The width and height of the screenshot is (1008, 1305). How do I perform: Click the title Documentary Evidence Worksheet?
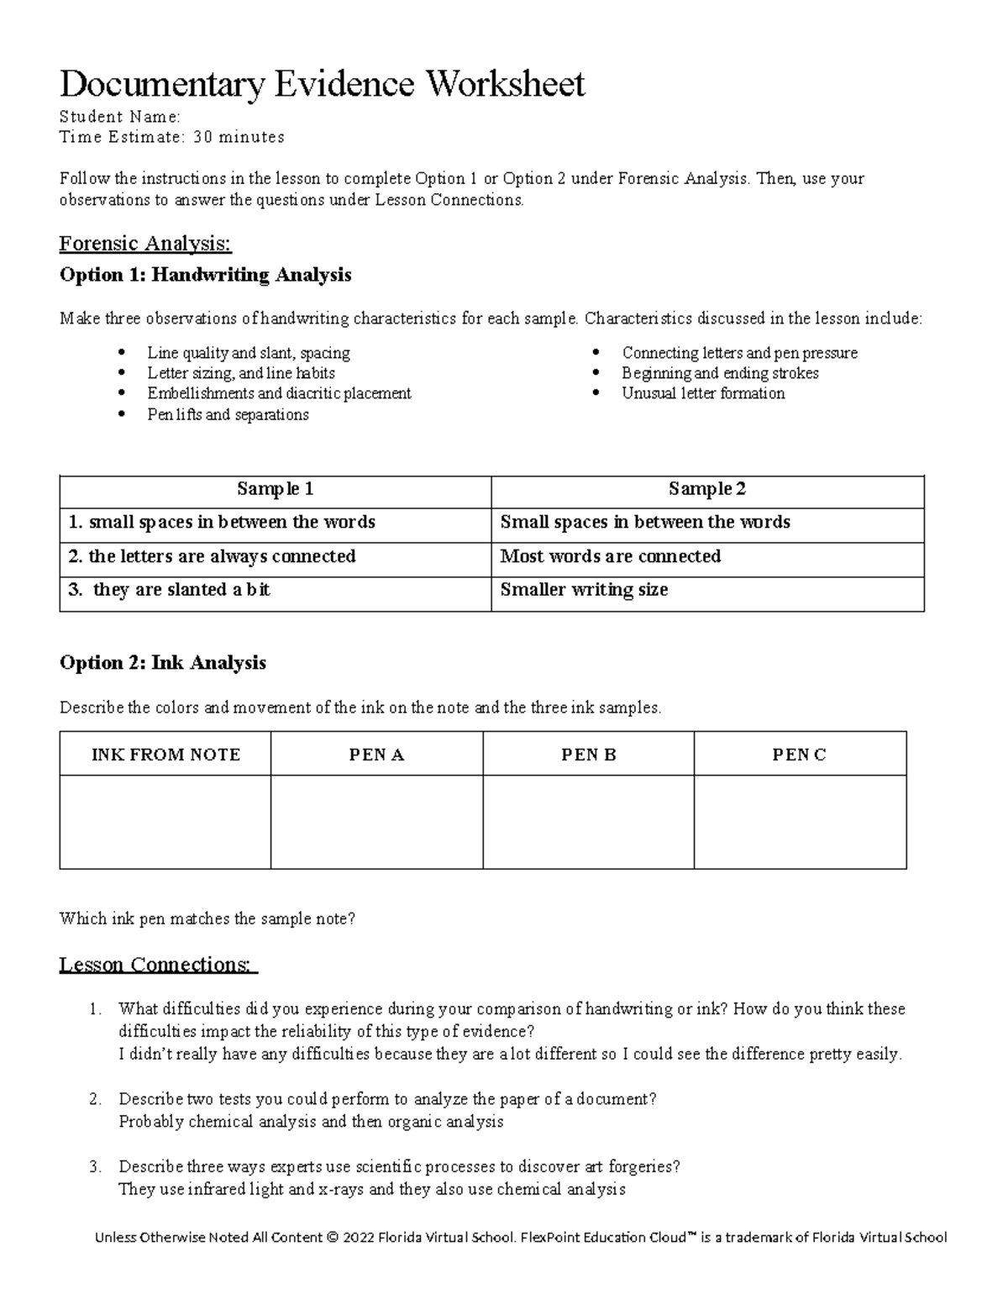point(322,84)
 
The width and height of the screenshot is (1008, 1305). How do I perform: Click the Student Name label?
point(119,116)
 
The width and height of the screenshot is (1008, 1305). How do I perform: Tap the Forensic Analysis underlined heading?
point(144,244)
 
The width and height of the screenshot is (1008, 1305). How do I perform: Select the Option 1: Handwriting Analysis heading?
point(205,275)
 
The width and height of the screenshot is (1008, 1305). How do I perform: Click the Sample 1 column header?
point(275,489)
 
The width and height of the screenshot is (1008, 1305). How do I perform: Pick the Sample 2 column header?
point(706,489)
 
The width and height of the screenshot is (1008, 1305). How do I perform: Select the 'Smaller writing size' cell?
point(584,590)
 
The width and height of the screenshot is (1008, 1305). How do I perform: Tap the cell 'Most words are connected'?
point(610,556)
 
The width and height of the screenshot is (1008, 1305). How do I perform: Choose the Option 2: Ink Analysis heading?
point(162,663)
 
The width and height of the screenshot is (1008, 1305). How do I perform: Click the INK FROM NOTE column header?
point(165,755)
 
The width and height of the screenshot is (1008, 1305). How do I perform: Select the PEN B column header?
point(588,755)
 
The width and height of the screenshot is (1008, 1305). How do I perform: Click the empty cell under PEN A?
point(376,821)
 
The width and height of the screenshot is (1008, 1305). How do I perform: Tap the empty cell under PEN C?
point(800,821)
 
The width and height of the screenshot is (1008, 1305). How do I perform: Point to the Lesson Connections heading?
point(158,965)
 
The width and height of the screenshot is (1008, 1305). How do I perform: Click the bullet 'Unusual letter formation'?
point(703,393)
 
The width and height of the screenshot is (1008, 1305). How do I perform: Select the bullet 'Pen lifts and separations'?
point(228,414)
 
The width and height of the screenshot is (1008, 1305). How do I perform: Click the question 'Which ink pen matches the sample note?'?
point(207,918)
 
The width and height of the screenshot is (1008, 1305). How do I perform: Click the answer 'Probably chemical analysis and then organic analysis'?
point(311,1121)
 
